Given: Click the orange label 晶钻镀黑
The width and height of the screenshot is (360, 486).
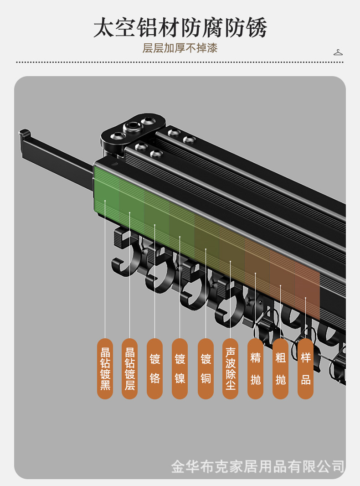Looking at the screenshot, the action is click(105, 368).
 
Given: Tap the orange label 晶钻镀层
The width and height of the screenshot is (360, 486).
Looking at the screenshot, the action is click(129, 368).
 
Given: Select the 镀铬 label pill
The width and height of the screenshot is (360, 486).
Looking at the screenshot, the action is click(154, 368).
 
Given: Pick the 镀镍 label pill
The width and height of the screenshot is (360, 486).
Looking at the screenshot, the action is click(180, 368).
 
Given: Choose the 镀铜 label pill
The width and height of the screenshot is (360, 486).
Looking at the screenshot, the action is click(206, 368).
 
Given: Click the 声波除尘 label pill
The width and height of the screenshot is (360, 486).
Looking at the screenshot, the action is click(230, 368).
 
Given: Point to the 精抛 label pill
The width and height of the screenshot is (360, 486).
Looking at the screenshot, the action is click(255, 368).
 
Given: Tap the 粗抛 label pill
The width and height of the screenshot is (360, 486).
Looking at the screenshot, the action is click(280, 368).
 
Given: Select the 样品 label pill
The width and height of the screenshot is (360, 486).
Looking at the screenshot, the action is click(305, 368).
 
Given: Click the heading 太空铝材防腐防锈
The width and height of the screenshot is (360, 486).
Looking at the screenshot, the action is click(180, 28).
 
